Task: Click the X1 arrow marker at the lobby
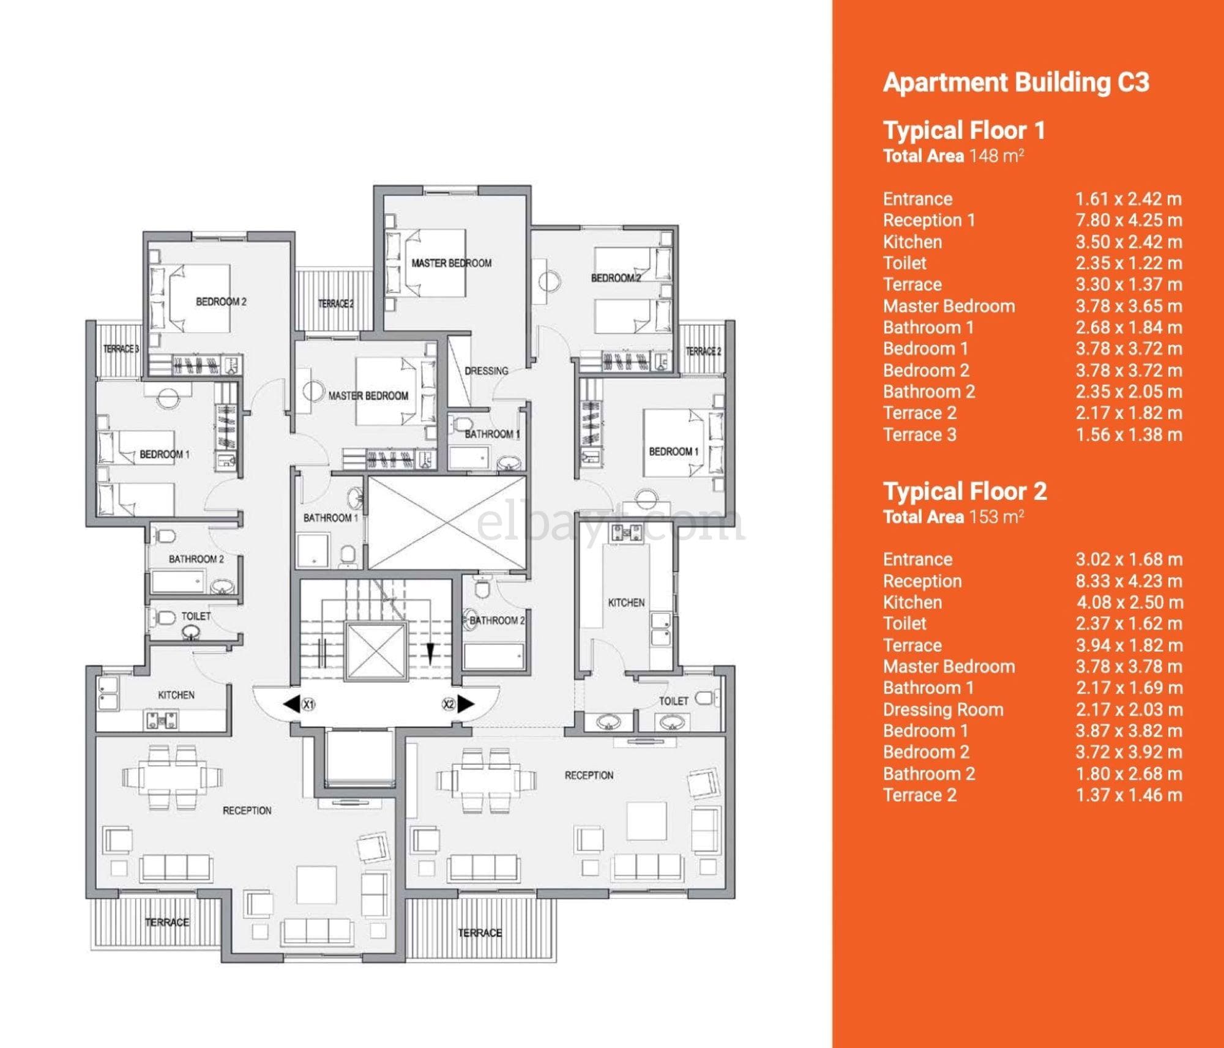coord(299,704)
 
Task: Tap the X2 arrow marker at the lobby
coord(458,704)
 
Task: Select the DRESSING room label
coord(487,371)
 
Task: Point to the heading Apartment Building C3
coord(1016,83)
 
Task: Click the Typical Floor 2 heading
coord(965,491)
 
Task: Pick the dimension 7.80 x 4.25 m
coord(1129,220)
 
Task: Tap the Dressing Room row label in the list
coord(943,710)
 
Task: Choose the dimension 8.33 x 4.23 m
coord(1129,581)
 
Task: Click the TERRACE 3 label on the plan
coord(121,349)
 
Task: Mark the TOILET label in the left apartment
coord(196,616)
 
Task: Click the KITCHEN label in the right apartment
coord(626,603)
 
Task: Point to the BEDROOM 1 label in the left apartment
coord(165,455)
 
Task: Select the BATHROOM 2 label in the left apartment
coord(196,559)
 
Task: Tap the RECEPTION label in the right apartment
coord(589,775)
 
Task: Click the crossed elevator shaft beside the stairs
coord(447,523)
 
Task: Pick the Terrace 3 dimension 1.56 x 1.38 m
coord(1129,435)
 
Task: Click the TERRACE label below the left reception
coord(167,922)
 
